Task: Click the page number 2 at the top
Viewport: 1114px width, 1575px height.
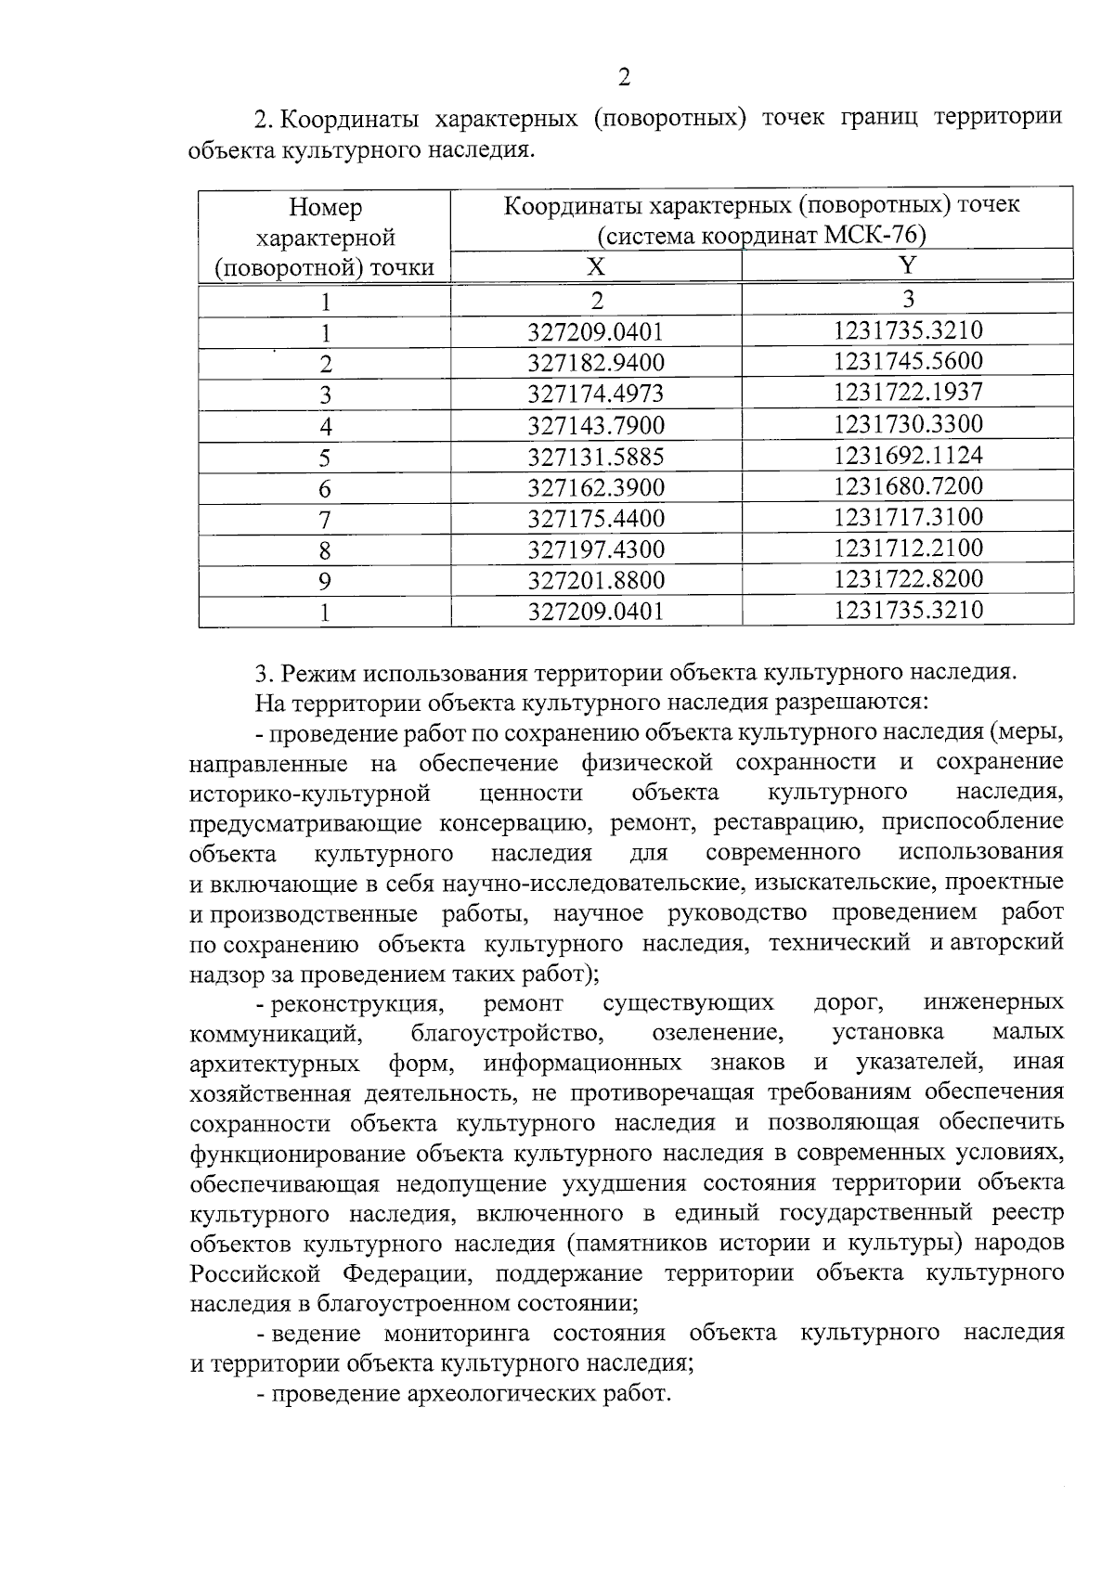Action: point(624,78)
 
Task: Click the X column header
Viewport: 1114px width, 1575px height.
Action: point(596,268)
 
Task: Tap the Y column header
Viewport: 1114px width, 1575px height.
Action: point(908,266)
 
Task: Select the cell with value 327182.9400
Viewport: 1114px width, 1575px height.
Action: point(596,363)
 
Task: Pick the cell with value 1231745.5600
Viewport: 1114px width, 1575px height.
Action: point(908,361)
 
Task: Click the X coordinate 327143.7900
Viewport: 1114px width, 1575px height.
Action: point(596,426)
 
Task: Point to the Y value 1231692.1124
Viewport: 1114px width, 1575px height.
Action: point(908,456)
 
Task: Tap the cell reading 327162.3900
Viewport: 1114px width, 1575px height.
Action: point(596,487)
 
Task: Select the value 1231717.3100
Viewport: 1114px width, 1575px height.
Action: point(908,517)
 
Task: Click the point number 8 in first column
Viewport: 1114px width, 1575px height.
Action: point(325,551)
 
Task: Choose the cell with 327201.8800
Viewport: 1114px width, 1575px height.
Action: point(596,581)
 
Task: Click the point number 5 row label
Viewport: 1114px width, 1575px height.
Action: point(325,458)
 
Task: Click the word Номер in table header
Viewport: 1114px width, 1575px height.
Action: point(325,207)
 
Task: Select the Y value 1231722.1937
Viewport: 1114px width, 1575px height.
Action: point(908,392)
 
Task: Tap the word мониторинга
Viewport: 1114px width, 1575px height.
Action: point(457,1334)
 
